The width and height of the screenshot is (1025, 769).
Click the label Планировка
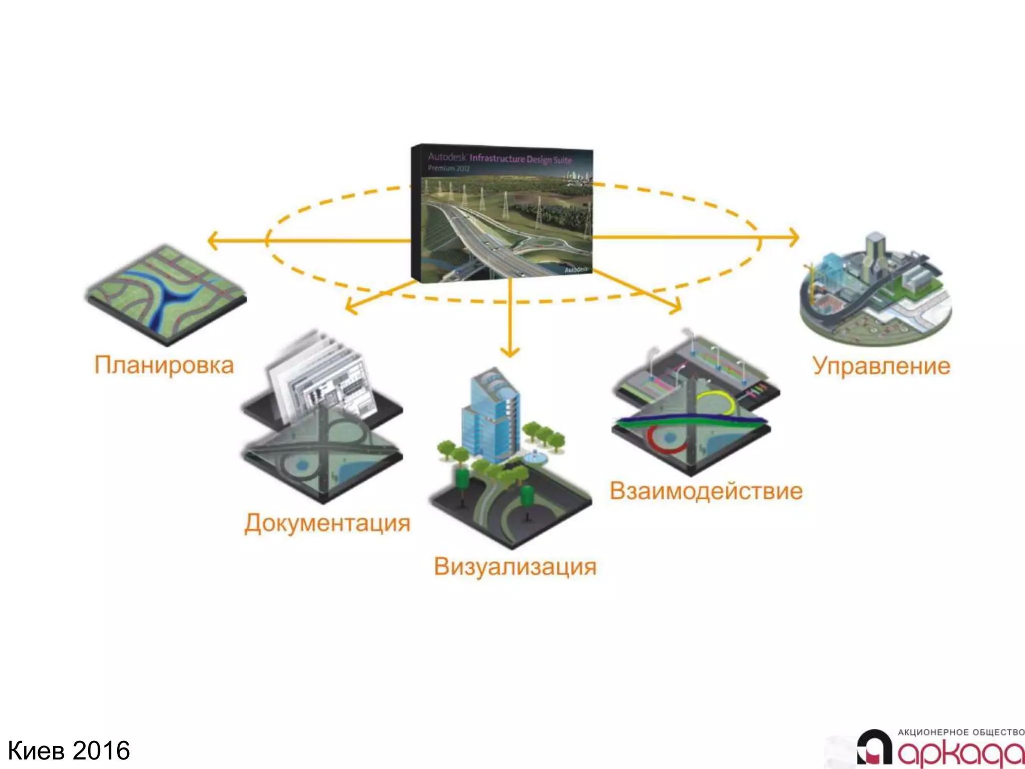[164, 365]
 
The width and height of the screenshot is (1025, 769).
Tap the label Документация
[327, 523]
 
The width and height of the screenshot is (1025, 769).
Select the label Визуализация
[515, 567]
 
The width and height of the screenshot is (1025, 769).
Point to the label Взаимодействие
[706, 491]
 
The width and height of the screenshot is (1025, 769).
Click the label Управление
[881, 365]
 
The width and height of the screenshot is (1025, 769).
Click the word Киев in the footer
[37, 751]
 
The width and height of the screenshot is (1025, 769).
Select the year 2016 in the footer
[101, 751]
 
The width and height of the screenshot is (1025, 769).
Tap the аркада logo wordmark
[961, 753]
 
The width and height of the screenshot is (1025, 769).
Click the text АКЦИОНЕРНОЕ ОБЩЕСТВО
[961, 732]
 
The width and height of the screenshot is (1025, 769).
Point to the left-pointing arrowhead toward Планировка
[212, 241]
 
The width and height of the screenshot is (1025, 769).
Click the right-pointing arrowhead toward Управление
[794, 237]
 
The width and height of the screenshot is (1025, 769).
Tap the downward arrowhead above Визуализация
[510, 352]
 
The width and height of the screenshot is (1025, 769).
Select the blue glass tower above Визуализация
[490, 416]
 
